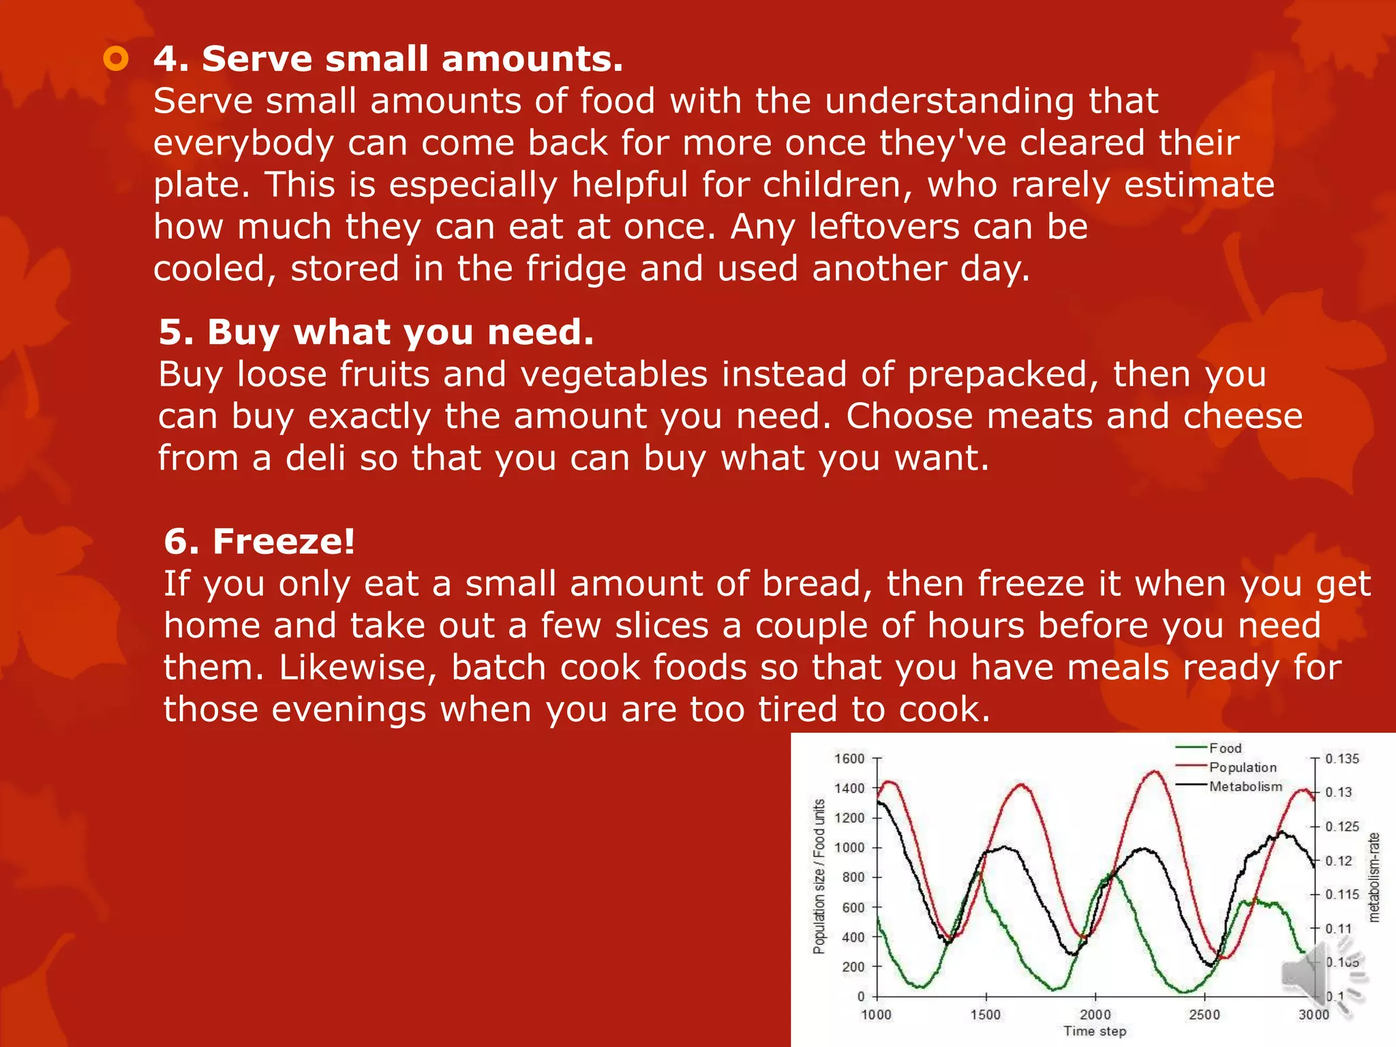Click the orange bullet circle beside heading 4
pos(116,59)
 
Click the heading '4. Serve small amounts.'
pos(388,59)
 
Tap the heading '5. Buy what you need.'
pos(376,332)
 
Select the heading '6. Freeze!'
pos(259,541)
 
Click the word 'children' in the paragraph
pos(838,185)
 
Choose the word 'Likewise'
pos(357,667)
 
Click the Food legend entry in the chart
pos(1225,748)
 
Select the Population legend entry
pos(1242,768)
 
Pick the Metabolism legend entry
pos(1245,787)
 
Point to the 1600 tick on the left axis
pos(849,759)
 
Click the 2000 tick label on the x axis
pos(1095,1014)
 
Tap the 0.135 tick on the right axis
pos(1341,759)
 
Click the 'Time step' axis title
pos(1095,1031)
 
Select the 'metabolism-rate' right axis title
pos(1374,877)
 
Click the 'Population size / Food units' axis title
pos(819,877)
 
